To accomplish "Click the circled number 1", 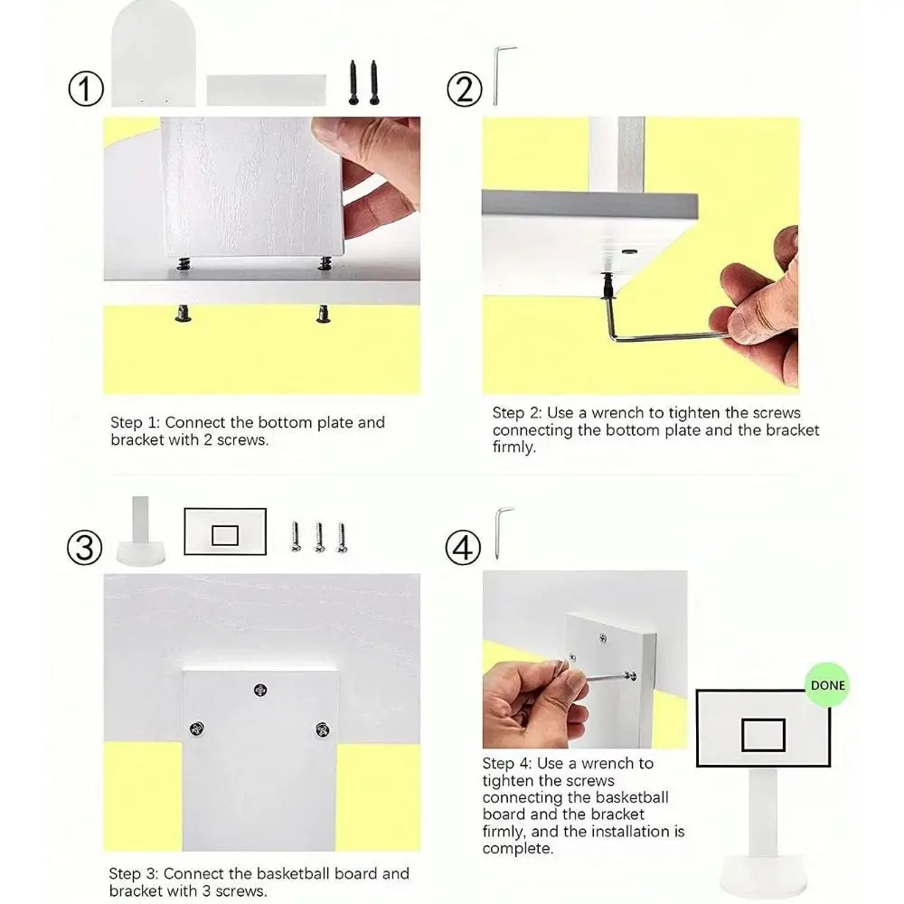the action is click(x=86, y=89).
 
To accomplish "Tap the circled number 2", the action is click(x=464, y=89).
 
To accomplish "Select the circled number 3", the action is click(x=85, y=547).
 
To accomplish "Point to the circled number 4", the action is click(x=463, y=547).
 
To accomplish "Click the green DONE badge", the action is click(x=827, y=685).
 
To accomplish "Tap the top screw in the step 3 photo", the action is click(x=260, y=690).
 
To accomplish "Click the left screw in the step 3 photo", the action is click(x=196, y=728).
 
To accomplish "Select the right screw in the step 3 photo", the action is click(x=323, y=730).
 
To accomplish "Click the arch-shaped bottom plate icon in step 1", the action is click(x=154, y=53).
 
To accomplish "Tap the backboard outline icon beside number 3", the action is click(x=225, y=532).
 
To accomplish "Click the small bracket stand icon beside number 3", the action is click(x=141, y=531).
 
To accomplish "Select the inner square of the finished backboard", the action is click(x=763, y=735).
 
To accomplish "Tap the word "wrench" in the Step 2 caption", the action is click(x=617, y=413).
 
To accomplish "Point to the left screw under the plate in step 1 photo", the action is click(x=184, y=314).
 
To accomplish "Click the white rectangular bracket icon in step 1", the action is click(x=267, y=89).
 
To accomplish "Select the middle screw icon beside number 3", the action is click(x=319, y=538).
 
